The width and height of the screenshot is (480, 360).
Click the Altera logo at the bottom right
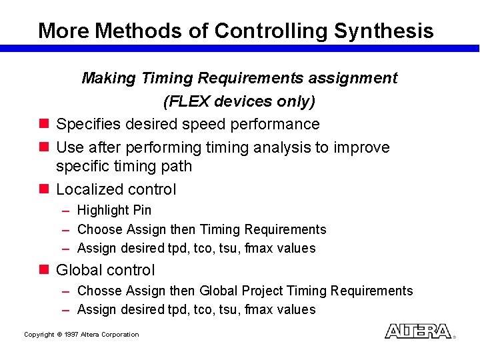(x=418, y=331)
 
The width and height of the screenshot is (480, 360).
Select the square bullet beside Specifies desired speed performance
(x=43, y=124)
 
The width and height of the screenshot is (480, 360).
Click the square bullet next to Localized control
(x=43, y=189)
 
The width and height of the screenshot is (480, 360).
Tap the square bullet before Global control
(x=43, y=270)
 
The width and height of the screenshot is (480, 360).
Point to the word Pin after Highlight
(x=142, y=210)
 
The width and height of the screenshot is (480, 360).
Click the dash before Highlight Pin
(x=67, y=211)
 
